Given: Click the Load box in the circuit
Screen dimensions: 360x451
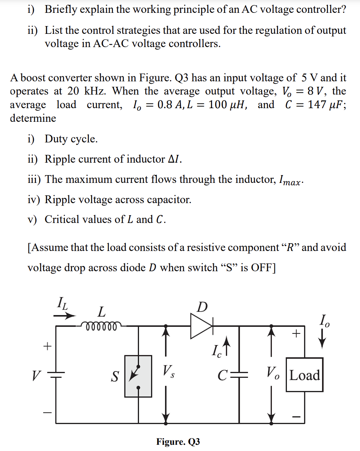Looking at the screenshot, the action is [305, 375].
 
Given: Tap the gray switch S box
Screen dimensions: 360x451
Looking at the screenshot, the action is [138, 376].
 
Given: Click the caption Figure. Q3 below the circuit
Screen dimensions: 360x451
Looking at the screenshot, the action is [178, 442].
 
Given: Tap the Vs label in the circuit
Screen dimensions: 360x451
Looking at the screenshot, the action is [169, 371].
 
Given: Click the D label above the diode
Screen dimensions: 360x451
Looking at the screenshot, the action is [202, 307].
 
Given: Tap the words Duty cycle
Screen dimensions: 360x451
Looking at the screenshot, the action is [71, 139].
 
